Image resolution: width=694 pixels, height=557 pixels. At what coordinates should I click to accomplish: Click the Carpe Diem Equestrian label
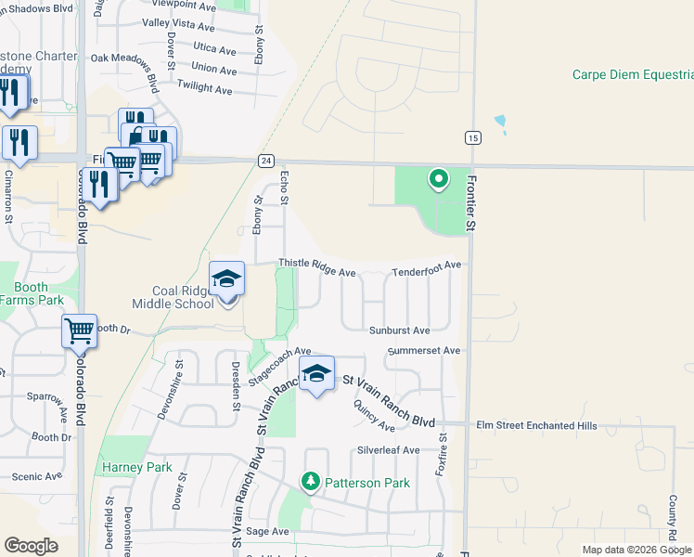coord(632,75)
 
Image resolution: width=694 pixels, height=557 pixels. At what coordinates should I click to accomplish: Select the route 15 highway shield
coord(473,137)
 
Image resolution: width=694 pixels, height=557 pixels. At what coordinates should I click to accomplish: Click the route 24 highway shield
coord(265,161)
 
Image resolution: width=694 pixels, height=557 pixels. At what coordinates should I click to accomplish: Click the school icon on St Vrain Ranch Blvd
coord(316,373)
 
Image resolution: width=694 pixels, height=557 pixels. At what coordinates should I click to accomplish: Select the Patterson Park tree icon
coord(311,482)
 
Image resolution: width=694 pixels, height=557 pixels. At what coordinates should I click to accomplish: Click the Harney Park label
coord(131,466)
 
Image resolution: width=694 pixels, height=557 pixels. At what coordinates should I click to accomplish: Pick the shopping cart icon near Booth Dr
coord(79,330)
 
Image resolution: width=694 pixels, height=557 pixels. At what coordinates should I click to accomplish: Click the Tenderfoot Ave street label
coord(426,266)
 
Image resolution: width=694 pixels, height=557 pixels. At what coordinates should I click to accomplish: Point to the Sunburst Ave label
coord(400,330)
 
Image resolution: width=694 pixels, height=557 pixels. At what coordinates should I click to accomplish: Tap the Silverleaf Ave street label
coord(389,450)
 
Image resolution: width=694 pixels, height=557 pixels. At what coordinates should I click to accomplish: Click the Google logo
coord(31,546)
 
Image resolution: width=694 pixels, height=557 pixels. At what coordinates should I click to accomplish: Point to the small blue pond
coord(501,122)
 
